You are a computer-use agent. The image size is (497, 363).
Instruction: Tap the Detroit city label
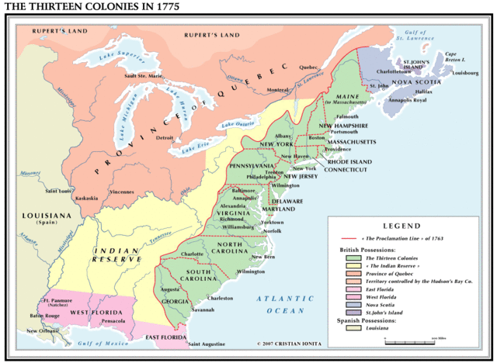(164, 138)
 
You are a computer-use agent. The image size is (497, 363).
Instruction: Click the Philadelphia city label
(261, 177)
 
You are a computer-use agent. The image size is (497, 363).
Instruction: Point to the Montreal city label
(278, 90)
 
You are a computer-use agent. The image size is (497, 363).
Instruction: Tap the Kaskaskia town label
(87, 198)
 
